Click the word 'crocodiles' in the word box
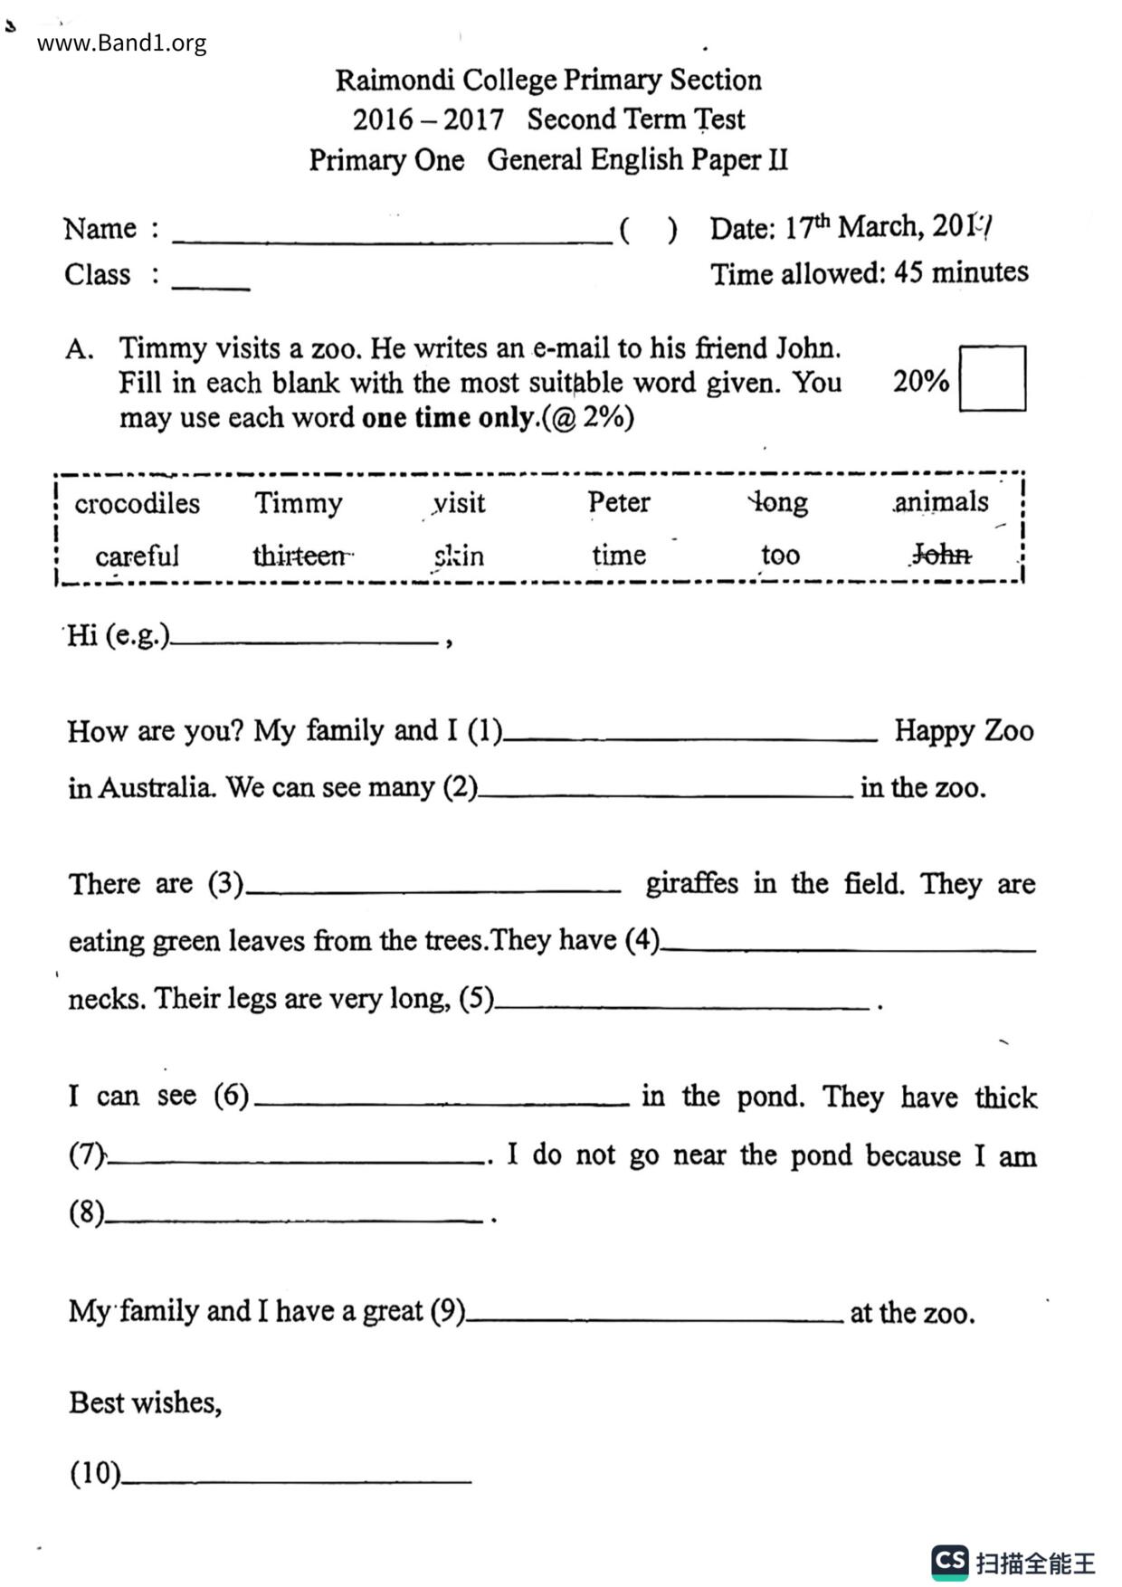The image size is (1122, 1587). (x=137, y=503)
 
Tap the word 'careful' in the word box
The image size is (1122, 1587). (x=137, y=556)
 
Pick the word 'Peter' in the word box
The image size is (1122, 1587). (x=618, y=502)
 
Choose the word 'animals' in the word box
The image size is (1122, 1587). (x=941, y=501)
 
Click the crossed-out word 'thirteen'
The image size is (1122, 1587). (x=300, y=555)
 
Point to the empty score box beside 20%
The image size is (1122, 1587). (x=992, y=378)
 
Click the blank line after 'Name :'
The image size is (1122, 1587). (x=392, y=233)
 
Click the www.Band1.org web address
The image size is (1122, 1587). (x=121, y=43)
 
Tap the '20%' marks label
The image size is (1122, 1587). (x=920, y=381)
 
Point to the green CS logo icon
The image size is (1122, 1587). (x=949, y=1561)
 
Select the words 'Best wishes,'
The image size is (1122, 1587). (x=145, y=1402)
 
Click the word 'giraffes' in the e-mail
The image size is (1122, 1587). (x=691, y=883)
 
